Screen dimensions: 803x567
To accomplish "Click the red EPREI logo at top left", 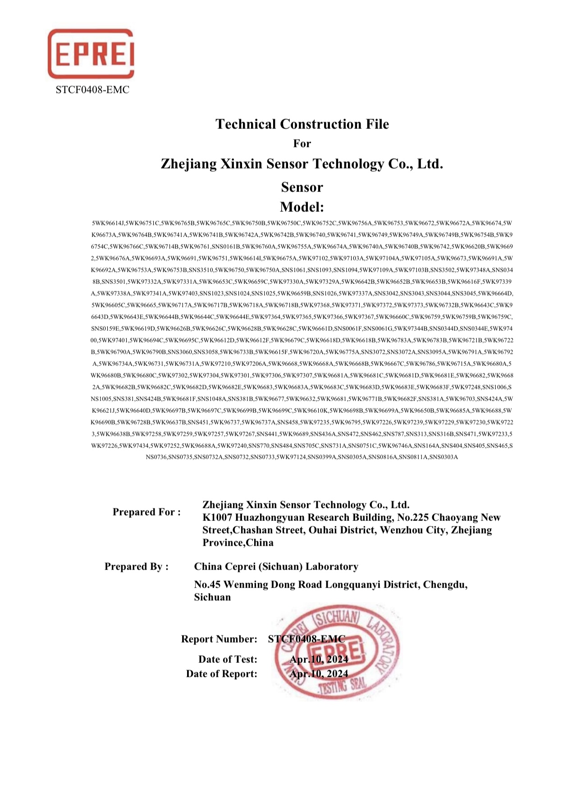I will point(91,54).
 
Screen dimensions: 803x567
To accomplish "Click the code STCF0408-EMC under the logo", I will point(92,90).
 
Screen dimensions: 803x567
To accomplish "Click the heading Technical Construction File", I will point(302,124).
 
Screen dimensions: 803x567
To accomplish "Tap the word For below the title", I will point(302,144).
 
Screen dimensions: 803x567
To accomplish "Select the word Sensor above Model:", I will point(302,187).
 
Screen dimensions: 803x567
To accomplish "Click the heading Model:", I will point(302,207).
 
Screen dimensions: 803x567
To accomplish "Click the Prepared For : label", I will point(146,512).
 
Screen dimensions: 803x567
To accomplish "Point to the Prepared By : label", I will point(137,567).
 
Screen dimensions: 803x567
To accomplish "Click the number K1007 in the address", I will point(217,518).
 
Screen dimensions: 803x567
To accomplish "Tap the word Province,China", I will point(238,543).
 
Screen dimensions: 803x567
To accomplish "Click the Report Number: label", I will point(219,639).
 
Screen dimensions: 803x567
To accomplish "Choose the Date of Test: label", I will point(228,660).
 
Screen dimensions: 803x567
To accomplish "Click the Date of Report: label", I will point(222,674).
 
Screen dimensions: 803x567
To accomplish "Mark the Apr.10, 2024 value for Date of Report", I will point(319,674).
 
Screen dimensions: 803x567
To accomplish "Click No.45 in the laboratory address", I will point(207,585).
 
